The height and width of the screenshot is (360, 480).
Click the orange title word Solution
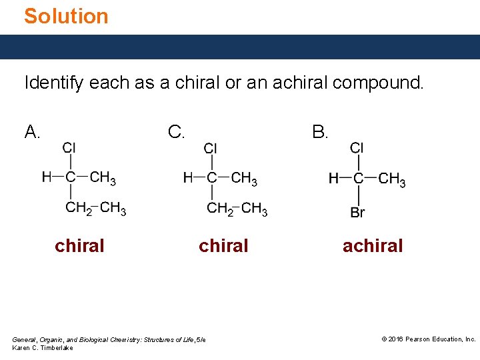(66, 16)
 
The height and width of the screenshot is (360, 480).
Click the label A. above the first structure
(32, 133)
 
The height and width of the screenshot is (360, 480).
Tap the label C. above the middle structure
(177, 133)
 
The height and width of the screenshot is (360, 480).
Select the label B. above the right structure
(320, 133)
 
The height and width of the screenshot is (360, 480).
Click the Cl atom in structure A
(69, 147)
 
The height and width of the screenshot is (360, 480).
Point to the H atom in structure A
(47, 177)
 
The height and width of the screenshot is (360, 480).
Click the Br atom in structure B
(358, 213)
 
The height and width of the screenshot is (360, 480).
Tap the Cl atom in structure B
(357, 147)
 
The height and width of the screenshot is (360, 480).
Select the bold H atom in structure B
(333, 178)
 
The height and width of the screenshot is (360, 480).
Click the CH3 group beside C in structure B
(392, 179)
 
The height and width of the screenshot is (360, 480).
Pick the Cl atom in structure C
(211, 148)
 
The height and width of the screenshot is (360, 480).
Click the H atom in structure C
(188, 177)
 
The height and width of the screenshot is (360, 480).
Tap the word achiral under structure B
(373, 246)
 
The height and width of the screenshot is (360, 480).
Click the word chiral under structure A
(79, 246)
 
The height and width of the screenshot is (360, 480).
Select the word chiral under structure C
(223, 246)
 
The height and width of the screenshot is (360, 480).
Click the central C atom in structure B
(358, 178)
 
